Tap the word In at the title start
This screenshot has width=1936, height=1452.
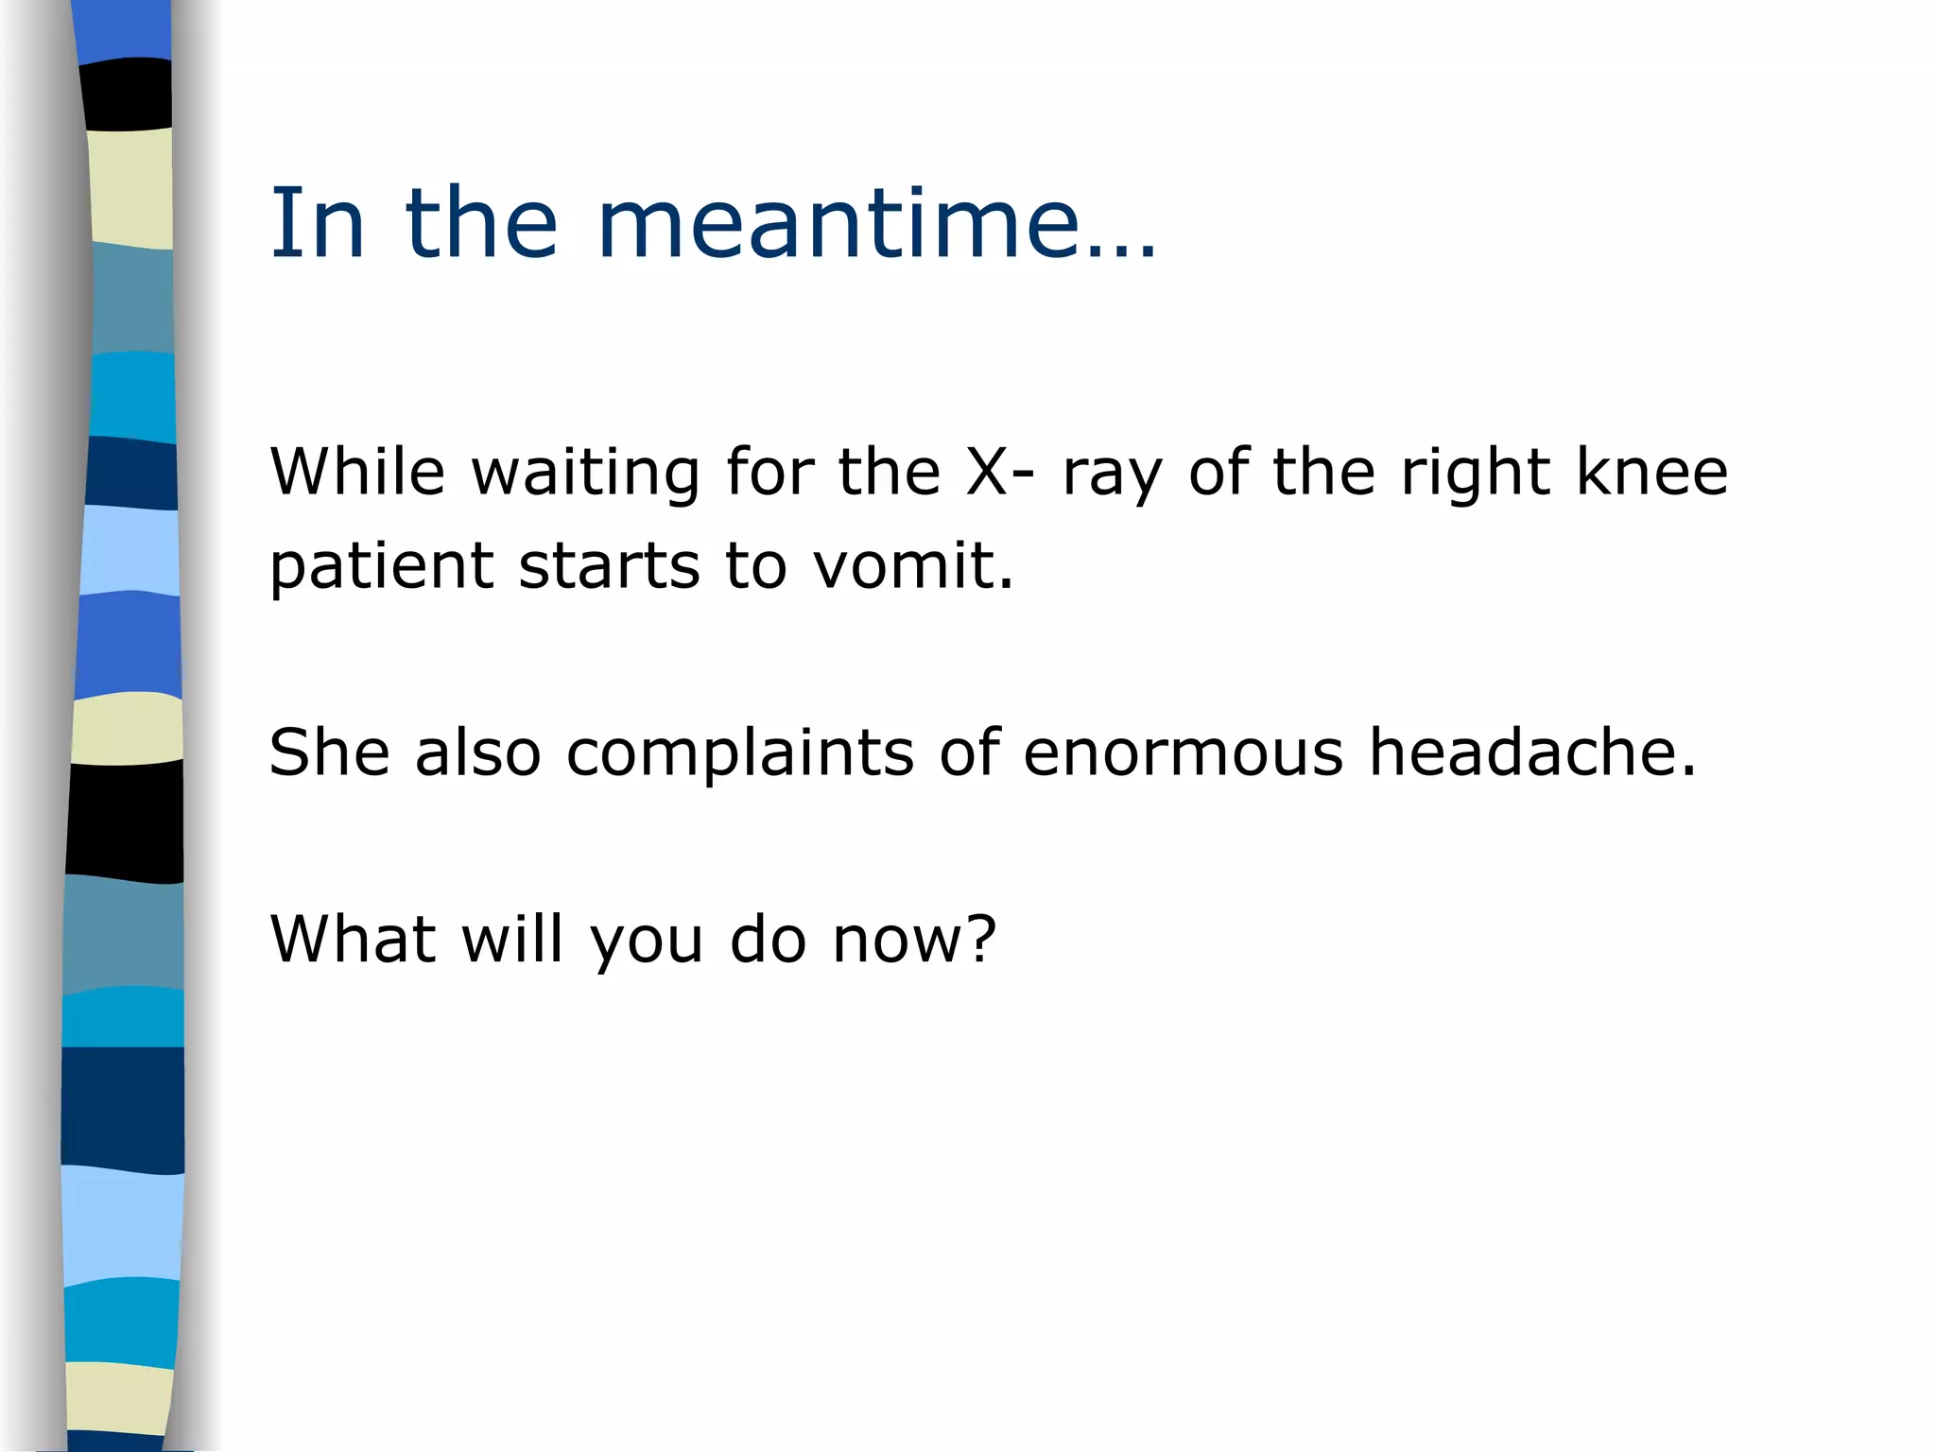pos(317,224)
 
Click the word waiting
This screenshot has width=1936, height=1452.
pos(586,473)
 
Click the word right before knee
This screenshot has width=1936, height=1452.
pos(1476,473)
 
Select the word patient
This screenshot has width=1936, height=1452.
pos(382,565)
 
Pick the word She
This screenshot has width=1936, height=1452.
pos(329,752)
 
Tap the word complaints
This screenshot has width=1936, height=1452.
pos(740,754)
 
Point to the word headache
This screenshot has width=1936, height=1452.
pos(1532,752)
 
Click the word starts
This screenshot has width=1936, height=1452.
pos(609,565)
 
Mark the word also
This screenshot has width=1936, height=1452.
pos(477,752)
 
